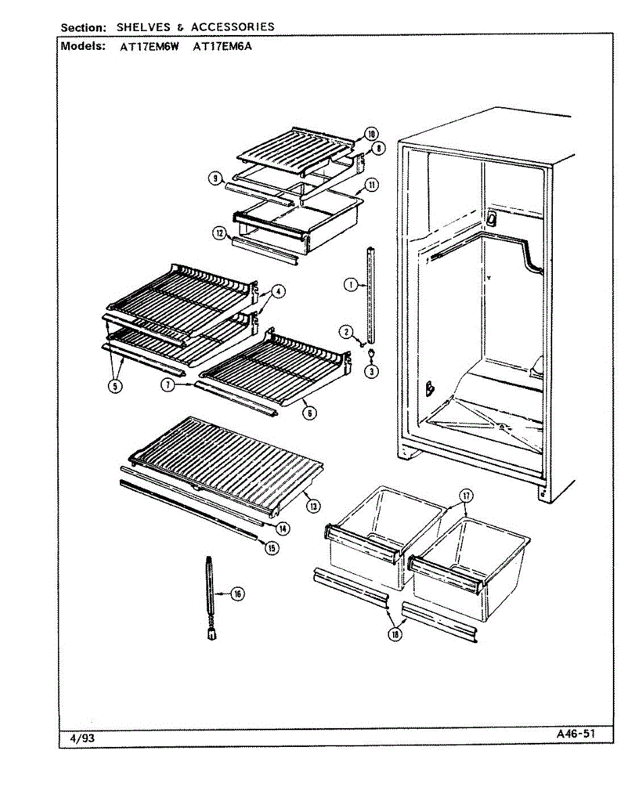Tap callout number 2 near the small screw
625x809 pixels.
coord(345,331)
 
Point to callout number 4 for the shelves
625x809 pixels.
coord(279,292)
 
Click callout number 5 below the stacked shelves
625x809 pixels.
coord(117,386)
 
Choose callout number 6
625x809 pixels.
coord(309,413)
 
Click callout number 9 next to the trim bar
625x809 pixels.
coord(214,178)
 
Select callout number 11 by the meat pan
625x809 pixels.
coord(371,185)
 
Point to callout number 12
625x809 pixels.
coord(219,233)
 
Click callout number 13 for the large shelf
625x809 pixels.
coord(312,505)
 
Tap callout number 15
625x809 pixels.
coord(272,547)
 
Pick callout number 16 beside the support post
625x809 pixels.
coord(237,593)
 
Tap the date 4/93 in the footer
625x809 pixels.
coord(82,738)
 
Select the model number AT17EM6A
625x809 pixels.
coord(223,47)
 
